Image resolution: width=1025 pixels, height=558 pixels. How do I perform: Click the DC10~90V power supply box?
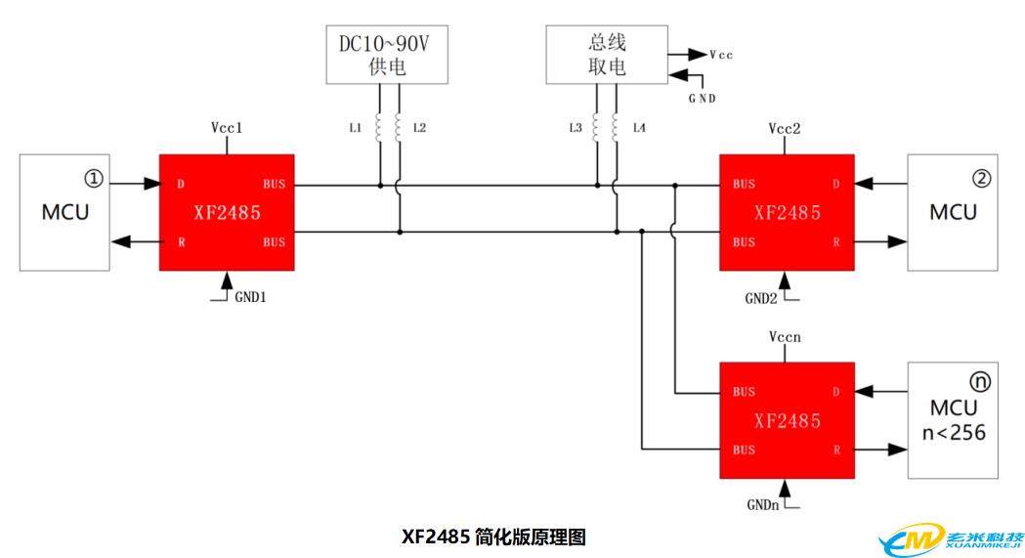tap(387, 55)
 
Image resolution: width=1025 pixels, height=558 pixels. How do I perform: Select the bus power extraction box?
tap(607, 55)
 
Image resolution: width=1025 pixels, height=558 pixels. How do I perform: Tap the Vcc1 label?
tap(227, 127)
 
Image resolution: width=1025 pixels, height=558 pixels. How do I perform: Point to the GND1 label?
tap(250, 297)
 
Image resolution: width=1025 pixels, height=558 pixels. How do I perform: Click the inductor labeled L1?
tap(378, 127)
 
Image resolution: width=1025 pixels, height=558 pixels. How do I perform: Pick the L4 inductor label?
tap(639, 127)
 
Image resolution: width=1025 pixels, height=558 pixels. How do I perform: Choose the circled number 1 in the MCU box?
tap(94, 179)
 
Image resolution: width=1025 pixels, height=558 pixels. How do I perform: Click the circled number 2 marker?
tap(981, 179)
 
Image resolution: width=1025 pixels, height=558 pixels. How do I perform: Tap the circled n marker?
tap(980, 381)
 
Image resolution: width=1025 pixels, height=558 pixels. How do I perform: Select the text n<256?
tap(954, 433)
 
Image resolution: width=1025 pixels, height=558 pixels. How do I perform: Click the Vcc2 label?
tap(785, 128)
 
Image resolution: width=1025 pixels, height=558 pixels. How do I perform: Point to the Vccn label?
tap(785, 336)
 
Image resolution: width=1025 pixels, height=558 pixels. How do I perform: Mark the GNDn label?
tap(763, 505)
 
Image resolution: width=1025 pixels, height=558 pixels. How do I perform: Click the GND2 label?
tap(761, 299)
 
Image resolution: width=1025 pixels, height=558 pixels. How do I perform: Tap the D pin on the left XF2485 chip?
tap(181, 185)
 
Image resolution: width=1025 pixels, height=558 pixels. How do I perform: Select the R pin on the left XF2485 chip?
tap(181, 242)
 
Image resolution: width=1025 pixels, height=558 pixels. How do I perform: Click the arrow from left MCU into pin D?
tap(135, 184)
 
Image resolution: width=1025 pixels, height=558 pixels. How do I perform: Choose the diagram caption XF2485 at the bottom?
tap(436, 537)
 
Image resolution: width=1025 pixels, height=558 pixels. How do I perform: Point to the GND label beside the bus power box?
tap(703, 99)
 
